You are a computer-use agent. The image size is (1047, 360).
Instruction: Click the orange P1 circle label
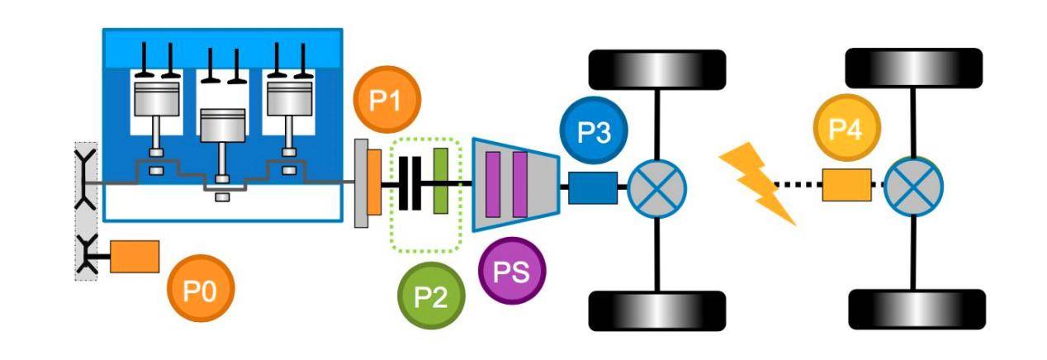pyautogui.click(x=387, y=99)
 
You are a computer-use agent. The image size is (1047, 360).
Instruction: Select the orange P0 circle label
pyautogui.click(x=201, y=288)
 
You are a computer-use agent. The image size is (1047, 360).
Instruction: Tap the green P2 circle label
pyautogui.click(x=431, y=296)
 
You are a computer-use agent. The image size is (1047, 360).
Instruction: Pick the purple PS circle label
pyautogui.click(x=512, y=271)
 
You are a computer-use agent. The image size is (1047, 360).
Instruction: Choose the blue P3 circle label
pyautogui.click(x=594, y=130)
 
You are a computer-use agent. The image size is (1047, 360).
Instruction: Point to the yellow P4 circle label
pyautogui.click(x=847, y=128)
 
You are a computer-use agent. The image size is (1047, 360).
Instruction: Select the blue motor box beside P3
pyautogui.click(x=593, y=188)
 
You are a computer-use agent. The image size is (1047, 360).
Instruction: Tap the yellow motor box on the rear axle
pyautogui.click(x=847, y=185)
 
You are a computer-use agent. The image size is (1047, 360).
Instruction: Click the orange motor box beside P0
pyautogui.click(x=135, y=257)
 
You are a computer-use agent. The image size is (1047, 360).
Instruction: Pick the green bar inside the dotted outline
pyautogui.click(x=441, y=181)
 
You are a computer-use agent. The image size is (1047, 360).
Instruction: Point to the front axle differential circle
pyautogui.click(x=656, y=188)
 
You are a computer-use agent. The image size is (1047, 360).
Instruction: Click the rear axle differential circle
pyautogui.click(x=913, y=187)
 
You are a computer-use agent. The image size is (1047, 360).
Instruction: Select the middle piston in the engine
pyautogui.click(x=223, y=126)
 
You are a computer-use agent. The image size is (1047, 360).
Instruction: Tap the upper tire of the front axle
pyautogui.click(x=656, y=69)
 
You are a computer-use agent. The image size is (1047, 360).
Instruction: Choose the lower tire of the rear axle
pyautogui.click(x=917, y=309)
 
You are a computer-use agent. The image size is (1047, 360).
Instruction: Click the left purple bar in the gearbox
pyautogui.click(x=493, y=184)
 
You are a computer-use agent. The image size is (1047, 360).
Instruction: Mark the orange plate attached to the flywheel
pyautogui.click(x=374, y=182)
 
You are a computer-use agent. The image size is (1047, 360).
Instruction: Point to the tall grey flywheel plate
pyautogui.click(x=362, y=183)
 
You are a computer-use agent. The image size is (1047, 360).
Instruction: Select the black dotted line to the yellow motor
pyautogui.click(x=798, y=185)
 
